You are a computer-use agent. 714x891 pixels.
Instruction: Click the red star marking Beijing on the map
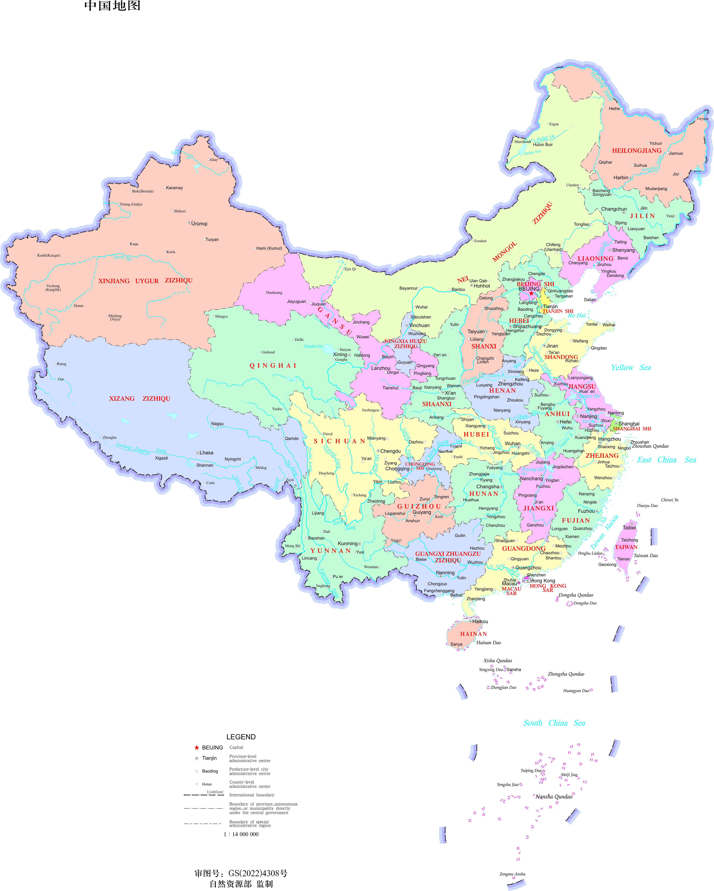(531, 293)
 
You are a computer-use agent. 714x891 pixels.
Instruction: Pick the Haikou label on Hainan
(480, 621)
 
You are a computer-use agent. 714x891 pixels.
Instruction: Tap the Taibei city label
(629, 528)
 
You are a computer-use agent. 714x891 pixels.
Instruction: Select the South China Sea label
(554, 723)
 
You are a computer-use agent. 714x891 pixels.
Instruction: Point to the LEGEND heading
(241, 737)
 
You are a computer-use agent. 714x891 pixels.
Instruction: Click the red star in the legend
(197, 748)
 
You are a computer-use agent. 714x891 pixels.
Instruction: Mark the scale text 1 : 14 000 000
(241, 834)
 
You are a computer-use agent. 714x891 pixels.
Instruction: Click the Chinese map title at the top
(112, 6)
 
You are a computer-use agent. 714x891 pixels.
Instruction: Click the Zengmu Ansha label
(512, 874)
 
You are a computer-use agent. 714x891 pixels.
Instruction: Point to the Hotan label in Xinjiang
(79, 306)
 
